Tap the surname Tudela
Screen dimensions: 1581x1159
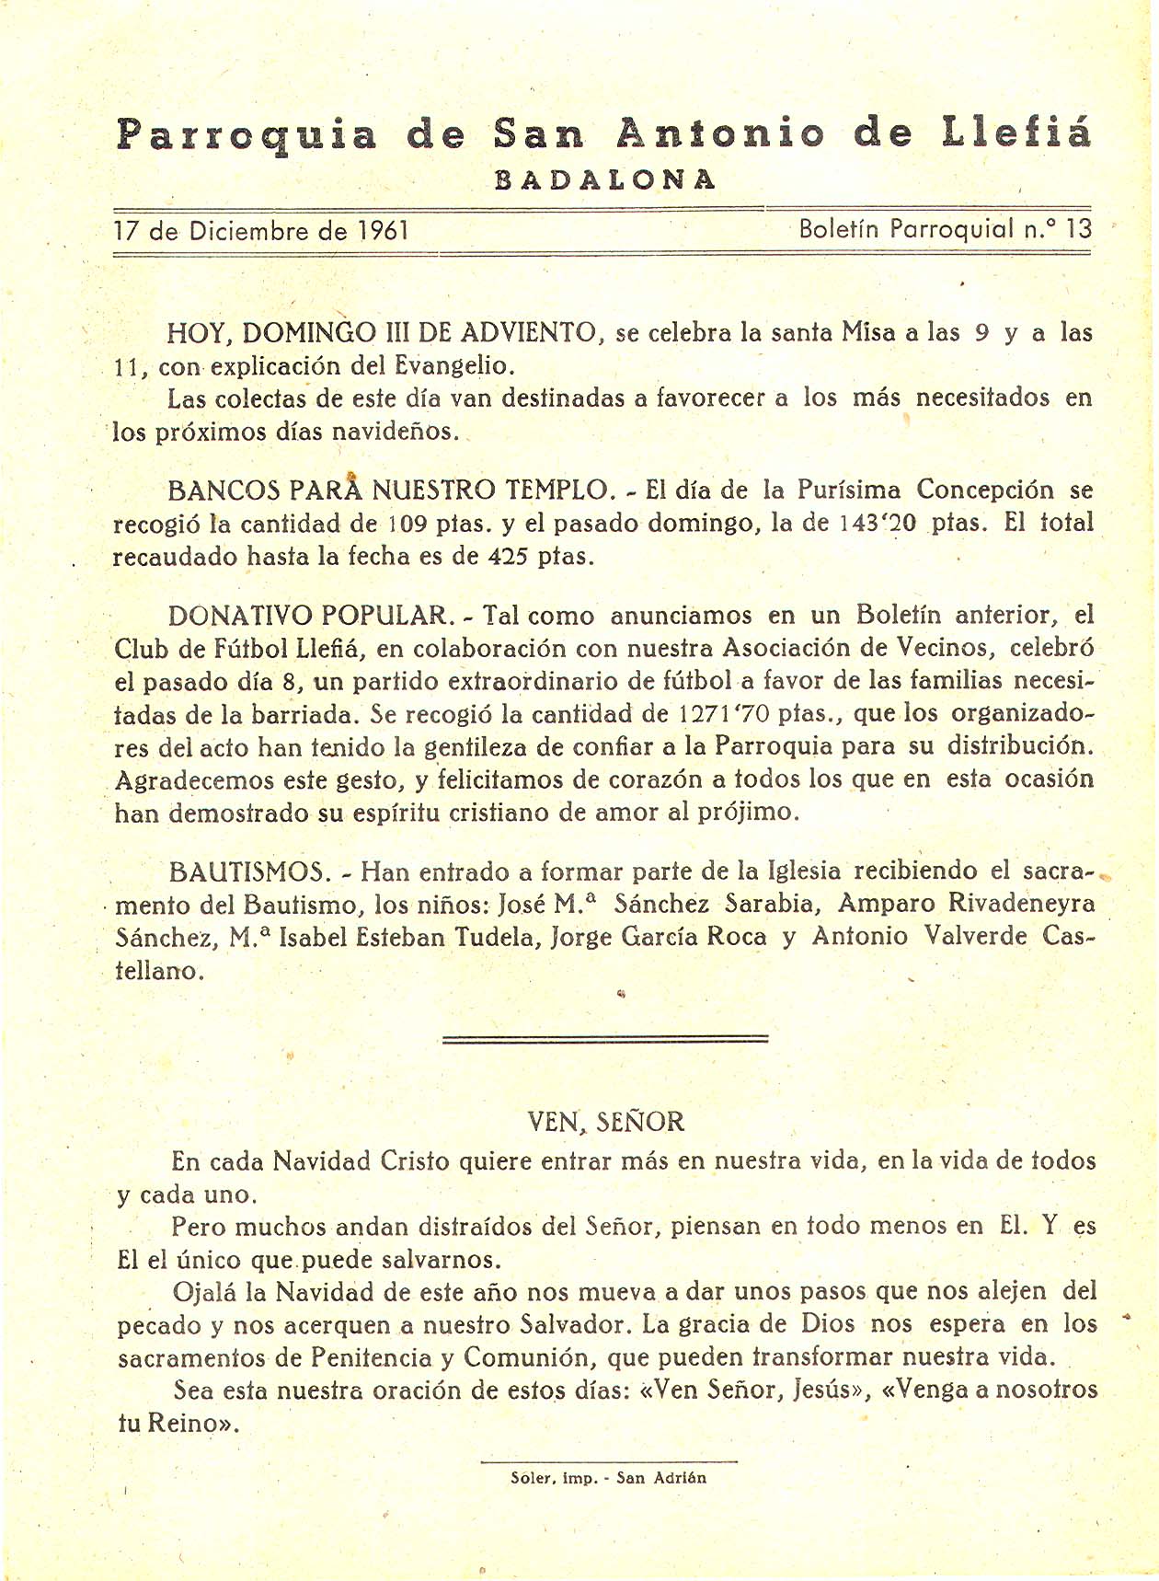(499, 937)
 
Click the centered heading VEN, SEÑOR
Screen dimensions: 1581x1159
(605, 1122)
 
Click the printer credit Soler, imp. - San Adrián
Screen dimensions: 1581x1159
(608, 1478)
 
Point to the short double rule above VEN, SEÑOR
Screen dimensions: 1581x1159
(605, 1039)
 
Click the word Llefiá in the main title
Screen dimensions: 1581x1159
(1017, 134)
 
